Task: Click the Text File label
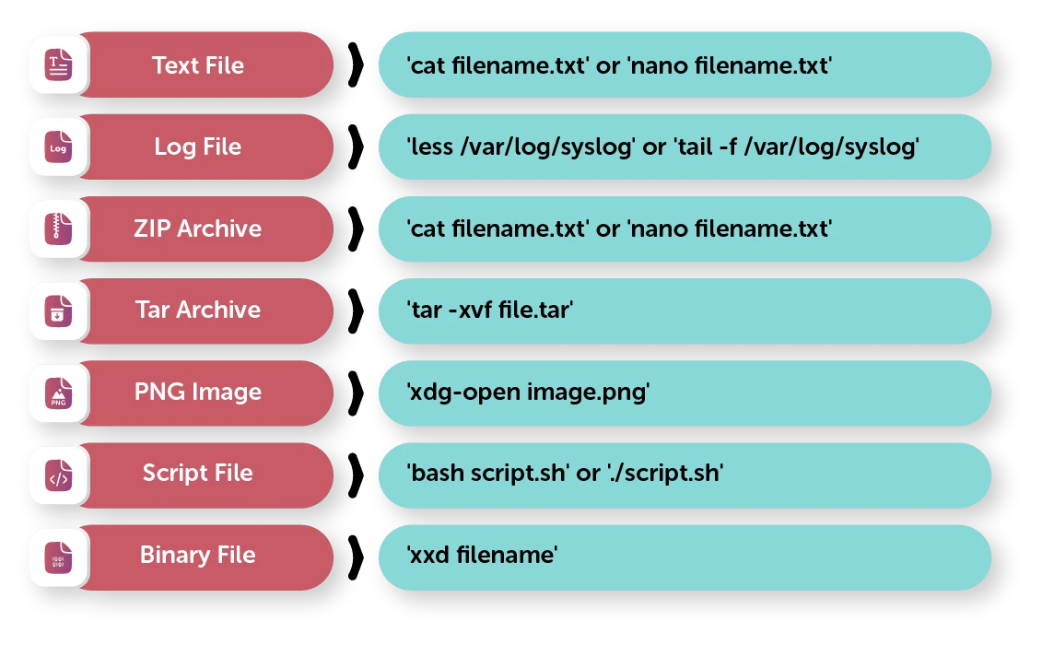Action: tap(198, 65)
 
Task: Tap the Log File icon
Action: tap(58, 147)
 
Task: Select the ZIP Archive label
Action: tap(198, 229)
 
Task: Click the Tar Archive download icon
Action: tap(58, 311)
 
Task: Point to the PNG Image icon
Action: tap(58, 393)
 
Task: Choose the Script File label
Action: tap(198, 473)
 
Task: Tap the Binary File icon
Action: tap(58, 557)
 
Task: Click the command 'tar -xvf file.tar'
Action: tap(490, 310)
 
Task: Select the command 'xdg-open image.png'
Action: tap(528, 392)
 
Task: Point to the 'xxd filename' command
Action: tap(483, 555)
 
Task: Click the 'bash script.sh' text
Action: tap(488, 473)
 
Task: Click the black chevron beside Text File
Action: tap(357, 65)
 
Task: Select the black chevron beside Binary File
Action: tap(357, 557)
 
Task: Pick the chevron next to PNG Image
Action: tap(357, 393)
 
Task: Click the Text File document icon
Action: tap(58, 65)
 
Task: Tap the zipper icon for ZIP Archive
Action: tap(58, 229)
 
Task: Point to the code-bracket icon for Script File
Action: tap(58, 475)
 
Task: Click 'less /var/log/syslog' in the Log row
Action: tap(521, 147)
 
